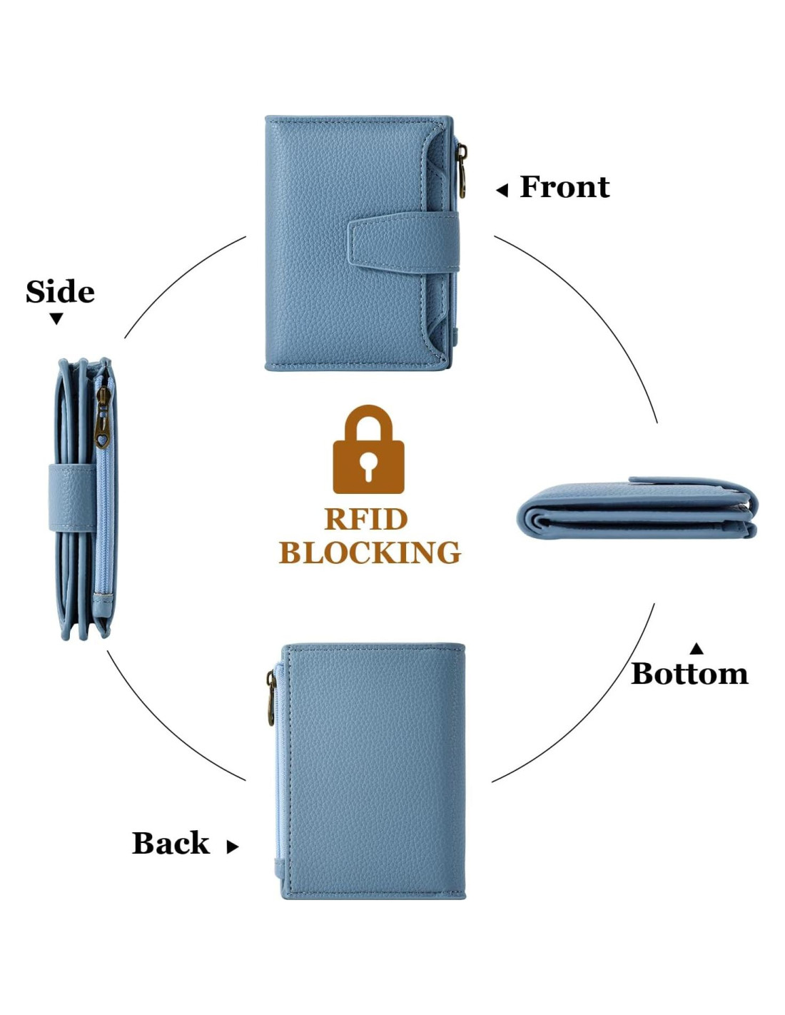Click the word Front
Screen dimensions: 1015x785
[x=564, y=187]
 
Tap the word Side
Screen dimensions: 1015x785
[x=60, y=292]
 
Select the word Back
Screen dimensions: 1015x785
[x=171, y=843]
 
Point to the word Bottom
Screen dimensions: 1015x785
[x=689, y=674]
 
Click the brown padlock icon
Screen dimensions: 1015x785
[x=368, y=452]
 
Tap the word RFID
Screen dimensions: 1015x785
[x=366, y=519]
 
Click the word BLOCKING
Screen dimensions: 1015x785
[x=370, y=552]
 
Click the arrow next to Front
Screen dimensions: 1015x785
[x=502, y=190]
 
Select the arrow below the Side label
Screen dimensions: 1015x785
[x=56, y=318]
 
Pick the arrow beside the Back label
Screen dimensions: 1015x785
[x=232, y=847]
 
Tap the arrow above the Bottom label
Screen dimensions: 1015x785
[x=697, y=648]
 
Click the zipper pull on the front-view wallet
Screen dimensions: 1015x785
[x=462, y=171]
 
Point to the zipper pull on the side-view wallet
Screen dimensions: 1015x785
[x=102, y=418]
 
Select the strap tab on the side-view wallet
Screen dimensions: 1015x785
[x=71, y=497]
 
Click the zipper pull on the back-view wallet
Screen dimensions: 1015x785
[x=271, y=698]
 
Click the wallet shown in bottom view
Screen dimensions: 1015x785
[x=637, y=508]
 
